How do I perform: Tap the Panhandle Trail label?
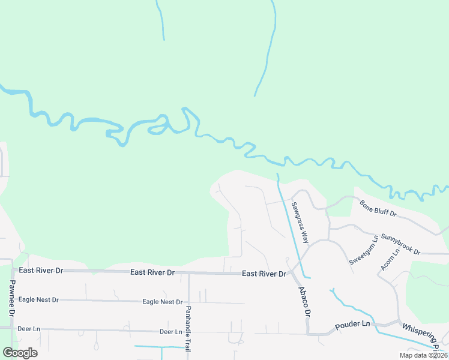coord(187,320)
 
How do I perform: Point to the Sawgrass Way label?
coord(300,221)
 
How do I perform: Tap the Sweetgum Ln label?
coord(363,250)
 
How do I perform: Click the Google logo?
coord(20,353)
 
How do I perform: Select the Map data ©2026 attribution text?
coord(423,355)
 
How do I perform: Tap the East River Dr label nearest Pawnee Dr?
coord(41,271)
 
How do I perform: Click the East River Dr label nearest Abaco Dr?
coord(264,274)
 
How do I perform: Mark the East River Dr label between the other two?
coord(152,272)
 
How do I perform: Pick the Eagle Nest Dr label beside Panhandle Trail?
coord(162,302)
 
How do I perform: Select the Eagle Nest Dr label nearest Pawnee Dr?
coord(38,299)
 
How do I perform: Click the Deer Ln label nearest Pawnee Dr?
coord(29,329)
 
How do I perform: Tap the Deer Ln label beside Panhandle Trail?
coord(170,332)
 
